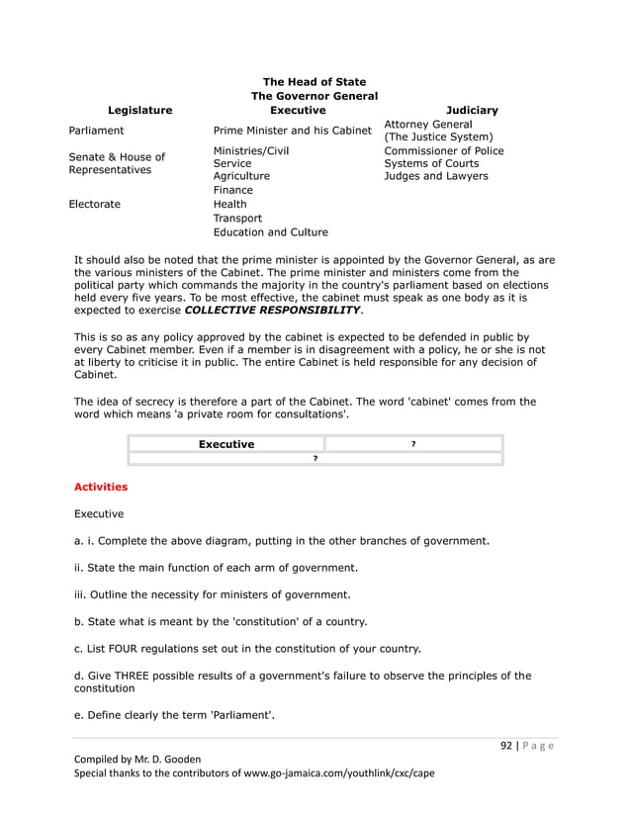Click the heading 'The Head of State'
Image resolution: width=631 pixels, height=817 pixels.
(315, 81)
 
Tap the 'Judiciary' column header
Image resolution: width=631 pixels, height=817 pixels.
(472, 111)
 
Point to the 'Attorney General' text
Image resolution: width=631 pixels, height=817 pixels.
(427, 124)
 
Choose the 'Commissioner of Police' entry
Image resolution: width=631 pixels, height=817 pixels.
(443, 150)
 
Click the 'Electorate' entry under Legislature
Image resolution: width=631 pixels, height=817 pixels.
(95, 205)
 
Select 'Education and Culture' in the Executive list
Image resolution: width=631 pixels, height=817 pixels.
(270, 232)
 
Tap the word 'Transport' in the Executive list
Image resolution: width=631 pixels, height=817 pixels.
(237, 219)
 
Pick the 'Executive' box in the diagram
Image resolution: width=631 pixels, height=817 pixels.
(225, 444)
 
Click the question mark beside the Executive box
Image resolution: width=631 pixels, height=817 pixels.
(413, 444)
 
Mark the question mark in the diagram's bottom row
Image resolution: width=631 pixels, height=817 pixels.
(315, 459)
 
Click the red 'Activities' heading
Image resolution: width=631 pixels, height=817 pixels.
(101, 487)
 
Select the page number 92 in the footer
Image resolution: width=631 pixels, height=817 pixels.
(505, 747)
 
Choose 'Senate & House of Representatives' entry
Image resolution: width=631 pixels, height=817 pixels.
(117, 163)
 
